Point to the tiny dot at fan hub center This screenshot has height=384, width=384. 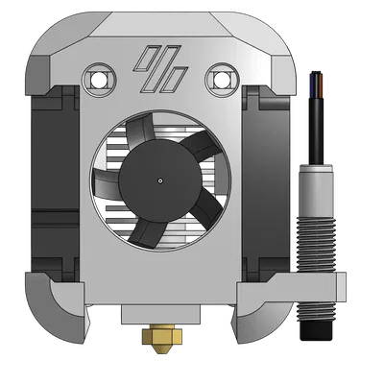[158, 179]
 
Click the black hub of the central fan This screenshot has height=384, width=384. [158, 179]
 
